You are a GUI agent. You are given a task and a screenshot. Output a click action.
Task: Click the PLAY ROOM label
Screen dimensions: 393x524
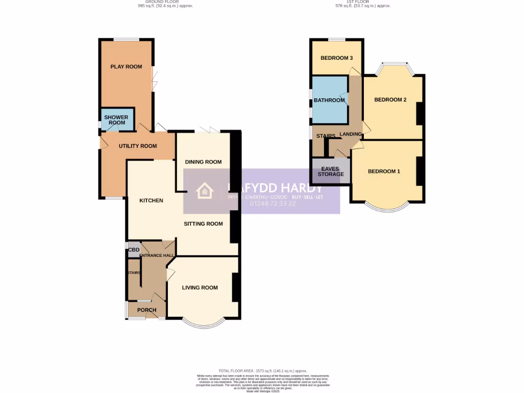(x=126, y=67)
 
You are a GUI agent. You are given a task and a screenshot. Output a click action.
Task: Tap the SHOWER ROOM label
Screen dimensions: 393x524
(x=116, y=120)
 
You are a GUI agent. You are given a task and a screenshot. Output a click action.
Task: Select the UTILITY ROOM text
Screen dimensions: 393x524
(x=138, y=146)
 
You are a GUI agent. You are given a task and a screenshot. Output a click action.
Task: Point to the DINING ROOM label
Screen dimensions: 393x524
(x=203, y=162)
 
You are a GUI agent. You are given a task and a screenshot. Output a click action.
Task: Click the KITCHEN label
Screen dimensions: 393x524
(x=151, y=200)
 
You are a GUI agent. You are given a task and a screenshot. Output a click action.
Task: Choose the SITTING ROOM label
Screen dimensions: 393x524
(x=204, y=224)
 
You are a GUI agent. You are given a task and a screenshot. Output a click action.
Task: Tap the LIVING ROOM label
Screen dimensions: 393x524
(x=200, y=288)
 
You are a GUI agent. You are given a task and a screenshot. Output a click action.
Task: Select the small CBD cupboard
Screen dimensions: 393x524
(x=134, y=250)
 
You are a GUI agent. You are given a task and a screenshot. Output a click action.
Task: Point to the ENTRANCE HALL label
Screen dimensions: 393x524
(x=158, y=255)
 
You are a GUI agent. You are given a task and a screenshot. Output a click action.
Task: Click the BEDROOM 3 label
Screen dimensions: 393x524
(x=337, y=58)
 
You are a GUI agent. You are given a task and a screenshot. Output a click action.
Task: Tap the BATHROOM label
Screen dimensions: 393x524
(x=329, y=100)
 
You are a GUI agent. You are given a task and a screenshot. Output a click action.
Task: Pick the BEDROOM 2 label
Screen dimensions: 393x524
(x=390, y=100)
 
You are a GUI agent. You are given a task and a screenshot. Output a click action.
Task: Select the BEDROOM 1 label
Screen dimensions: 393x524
(x=384, y=171)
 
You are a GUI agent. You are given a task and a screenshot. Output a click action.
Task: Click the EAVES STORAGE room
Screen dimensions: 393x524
(x=331, y=171)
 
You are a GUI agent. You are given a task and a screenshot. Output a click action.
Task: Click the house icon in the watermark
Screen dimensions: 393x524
(x=205, y=191)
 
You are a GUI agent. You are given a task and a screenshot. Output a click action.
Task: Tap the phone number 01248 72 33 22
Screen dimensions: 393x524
(x=273, y=203)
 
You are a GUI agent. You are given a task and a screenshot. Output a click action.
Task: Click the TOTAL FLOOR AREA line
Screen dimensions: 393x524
(x=263, y=370)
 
